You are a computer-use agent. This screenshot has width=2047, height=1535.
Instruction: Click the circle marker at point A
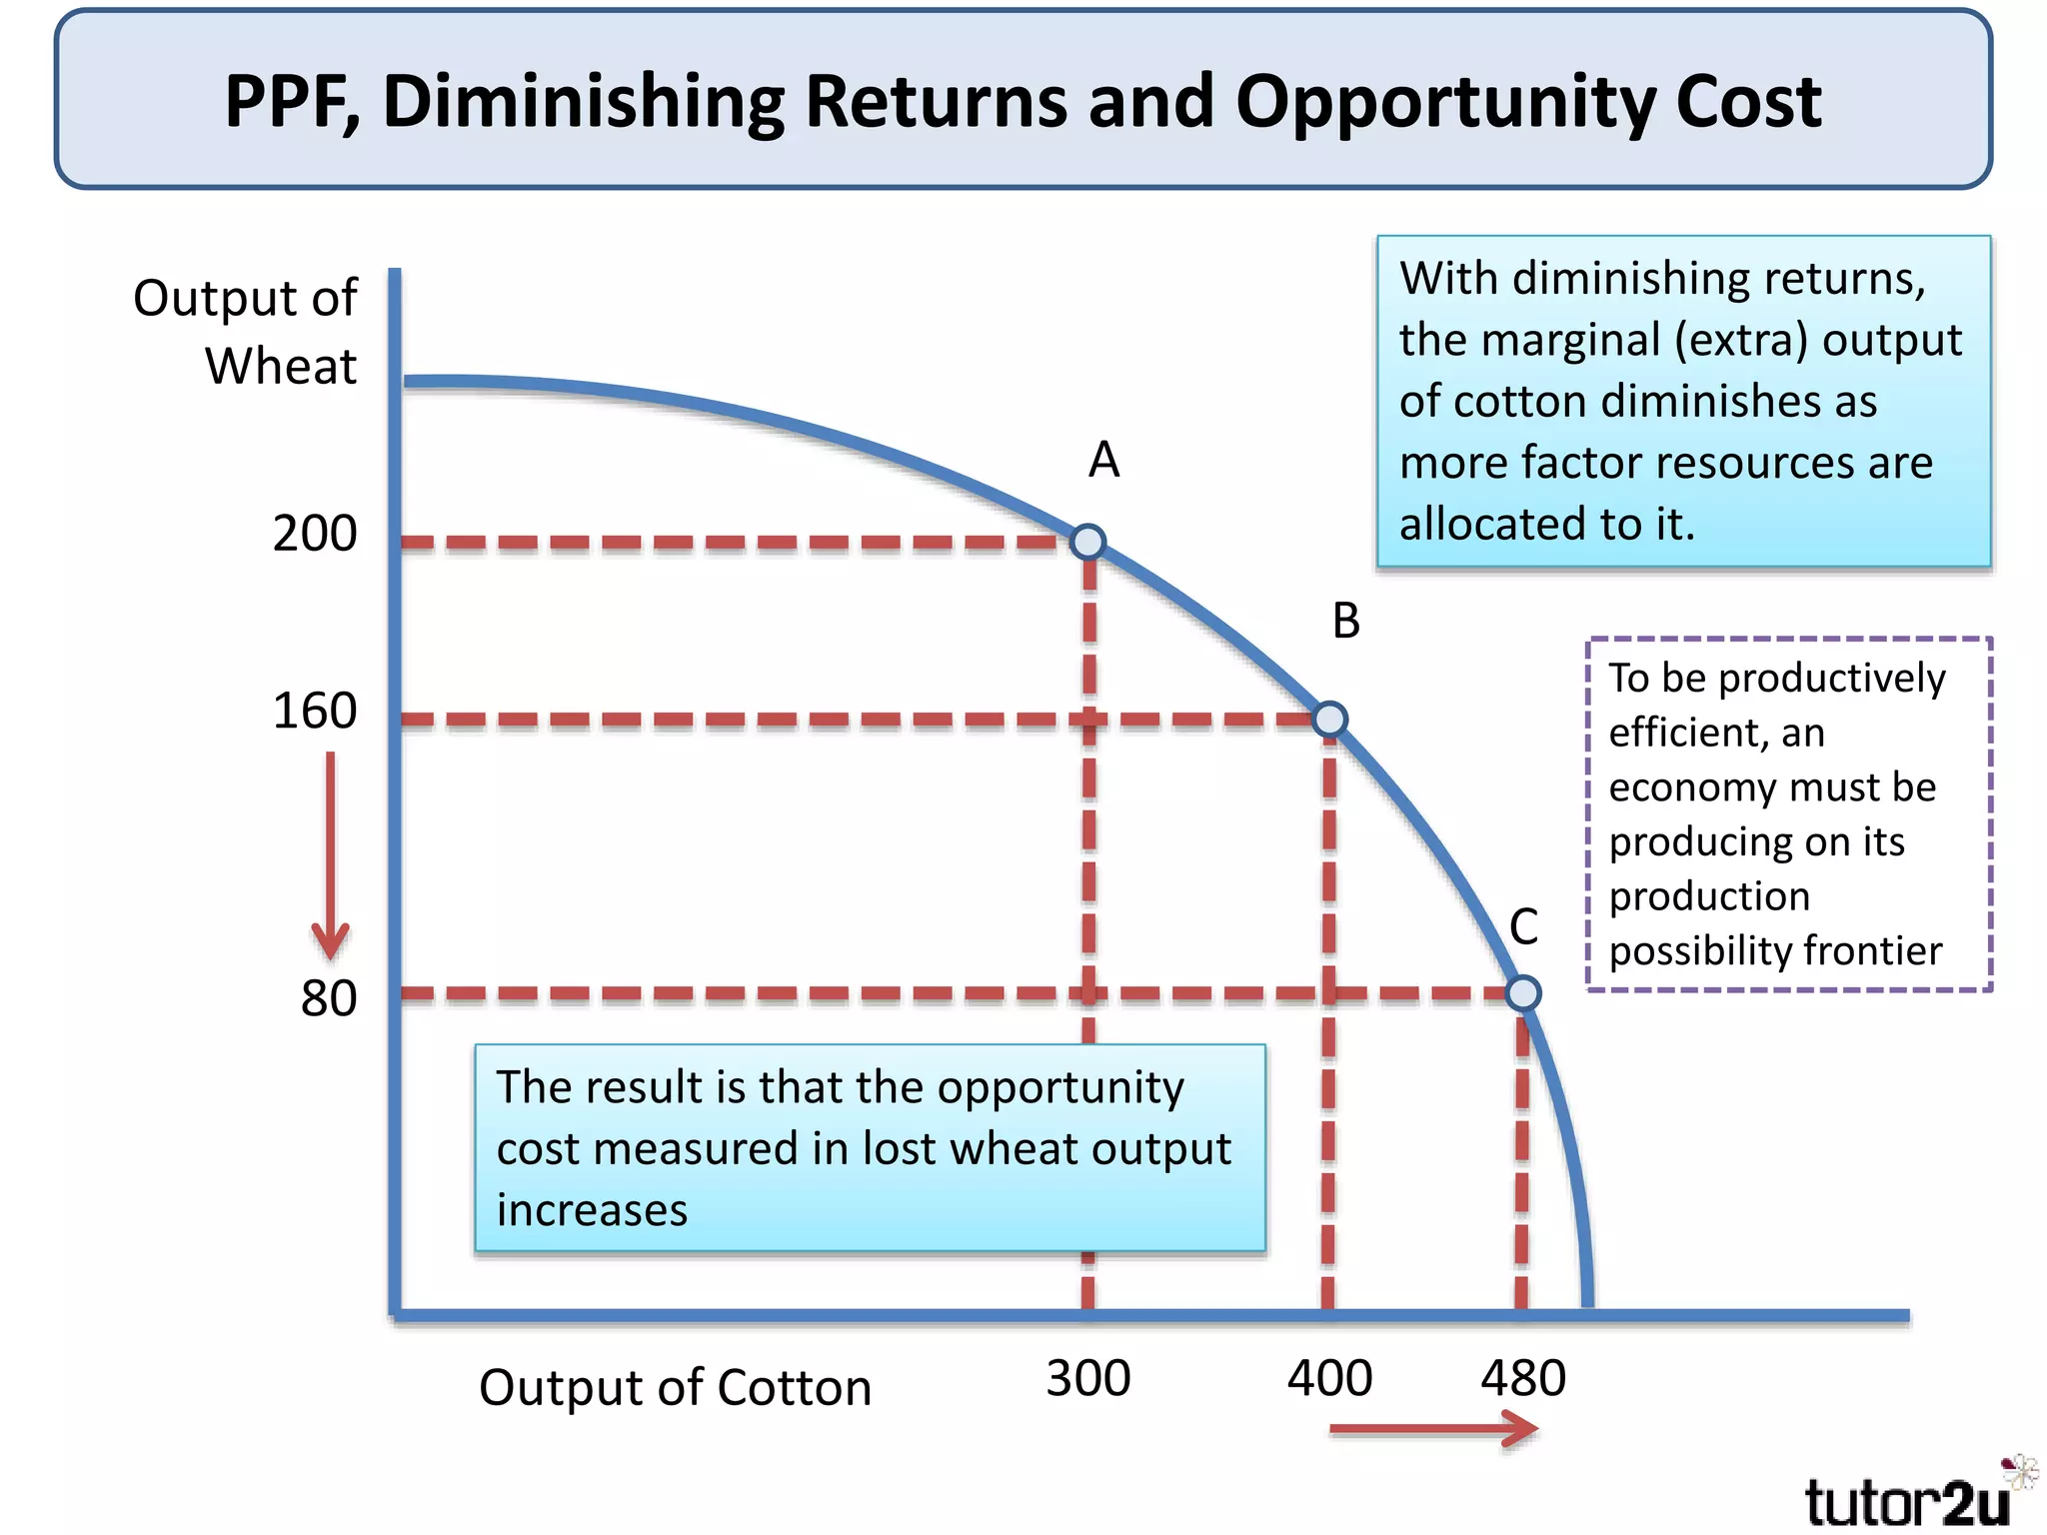click(1087, 542)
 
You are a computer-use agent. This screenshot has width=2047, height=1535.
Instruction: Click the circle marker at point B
click(1329, 719)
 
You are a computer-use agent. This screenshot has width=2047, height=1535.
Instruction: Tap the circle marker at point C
click(1522, 992)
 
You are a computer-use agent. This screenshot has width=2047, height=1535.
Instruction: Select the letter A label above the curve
click(1103, 461)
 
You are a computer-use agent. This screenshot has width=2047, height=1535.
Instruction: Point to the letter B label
click(1346, 622)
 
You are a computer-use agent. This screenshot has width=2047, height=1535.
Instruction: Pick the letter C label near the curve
click(1523, 927)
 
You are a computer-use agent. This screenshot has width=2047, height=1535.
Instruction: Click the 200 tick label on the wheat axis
click(314, 534)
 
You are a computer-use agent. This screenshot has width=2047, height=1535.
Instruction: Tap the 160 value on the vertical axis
click(314, 712)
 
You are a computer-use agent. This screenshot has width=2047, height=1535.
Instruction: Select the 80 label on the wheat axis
click(329, 998)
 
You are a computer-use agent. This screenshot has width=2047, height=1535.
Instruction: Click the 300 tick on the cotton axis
click(1087, 1379)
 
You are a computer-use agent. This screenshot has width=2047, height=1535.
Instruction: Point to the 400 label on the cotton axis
click(1329, 1379)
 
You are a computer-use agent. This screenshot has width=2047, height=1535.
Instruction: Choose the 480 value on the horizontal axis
click(1522, 1379)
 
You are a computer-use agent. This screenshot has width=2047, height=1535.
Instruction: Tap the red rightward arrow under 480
click(1434, 1430)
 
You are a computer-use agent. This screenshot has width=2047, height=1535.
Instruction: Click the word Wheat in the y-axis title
click(280, 366)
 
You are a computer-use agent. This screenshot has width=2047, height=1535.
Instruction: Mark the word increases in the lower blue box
click(592, 1211)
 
